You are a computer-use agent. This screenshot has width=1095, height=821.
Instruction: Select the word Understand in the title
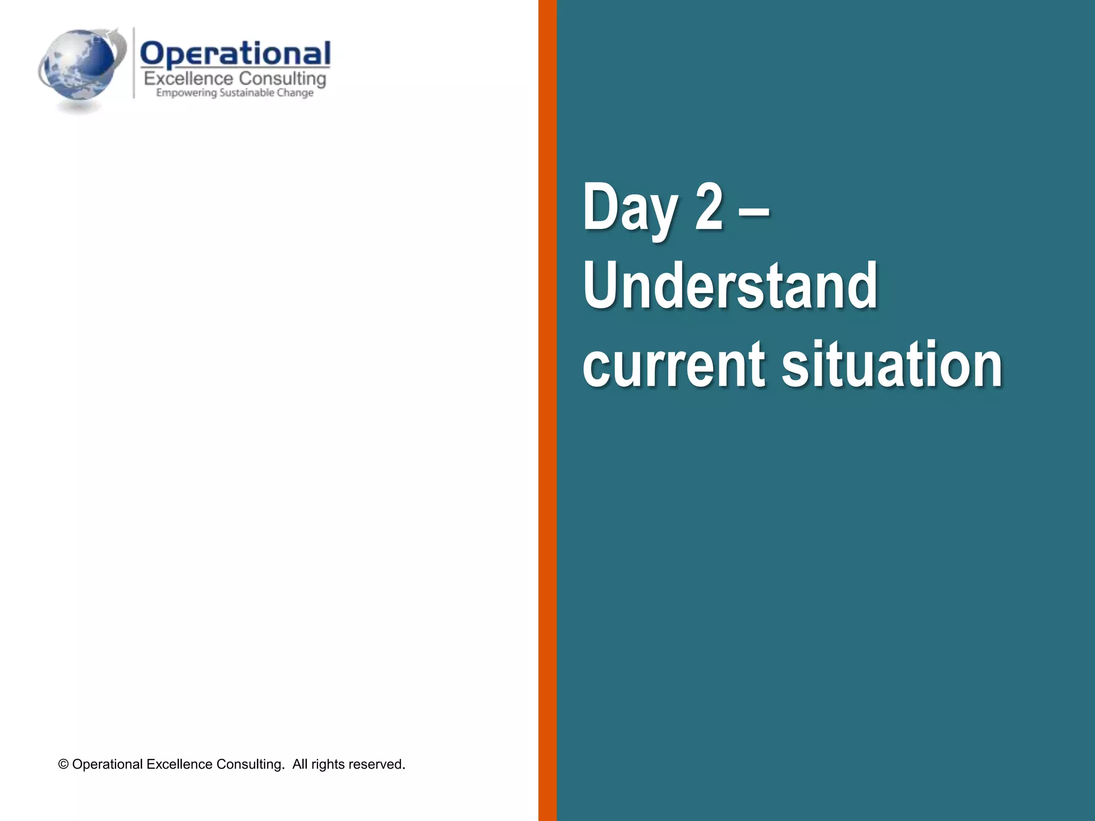click(x=730, y=285)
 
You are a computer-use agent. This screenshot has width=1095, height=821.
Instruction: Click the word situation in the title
click(x=892, y=365)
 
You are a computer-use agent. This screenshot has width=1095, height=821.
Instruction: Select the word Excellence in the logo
click(x=188, y=79)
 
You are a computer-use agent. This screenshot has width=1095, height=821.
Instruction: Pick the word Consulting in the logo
click(x=282, y=79)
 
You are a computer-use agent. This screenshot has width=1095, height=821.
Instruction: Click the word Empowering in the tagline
click(x=186, y=93)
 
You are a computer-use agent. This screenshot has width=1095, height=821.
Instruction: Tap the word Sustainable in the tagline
click(x=246, y=93)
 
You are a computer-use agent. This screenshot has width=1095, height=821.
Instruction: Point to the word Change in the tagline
click(x=295, y=93)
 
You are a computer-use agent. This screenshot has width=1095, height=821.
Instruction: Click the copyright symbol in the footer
click(x=63, y=765)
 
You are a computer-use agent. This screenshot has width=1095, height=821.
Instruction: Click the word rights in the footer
click(x=328, y=765)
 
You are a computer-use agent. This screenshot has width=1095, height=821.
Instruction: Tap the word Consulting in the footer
click(x=250, y=765)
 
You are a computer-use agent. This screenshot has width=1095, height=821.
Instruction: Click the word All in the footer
click(x=299, y=765)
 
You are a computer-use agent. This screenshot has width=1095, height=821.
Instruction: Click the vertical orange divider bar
click(x=547, y=410)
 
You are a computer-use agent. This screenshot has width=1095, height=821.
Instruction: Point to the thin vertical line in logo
click(x=134, y=63)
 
